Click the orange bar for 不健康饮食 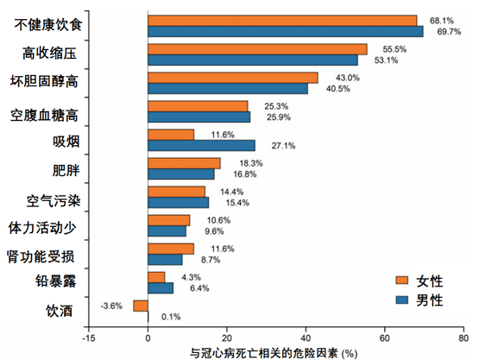[x=282, y=20]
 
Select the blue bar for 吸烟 [x=201, y=145]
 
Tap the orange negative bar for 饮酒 [x=141, y=306]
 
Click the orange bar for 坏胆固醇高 [x=233, y=78]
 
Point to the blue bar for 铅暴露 [x=161, y=287]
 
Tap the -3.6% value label [x=112, y=306]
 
